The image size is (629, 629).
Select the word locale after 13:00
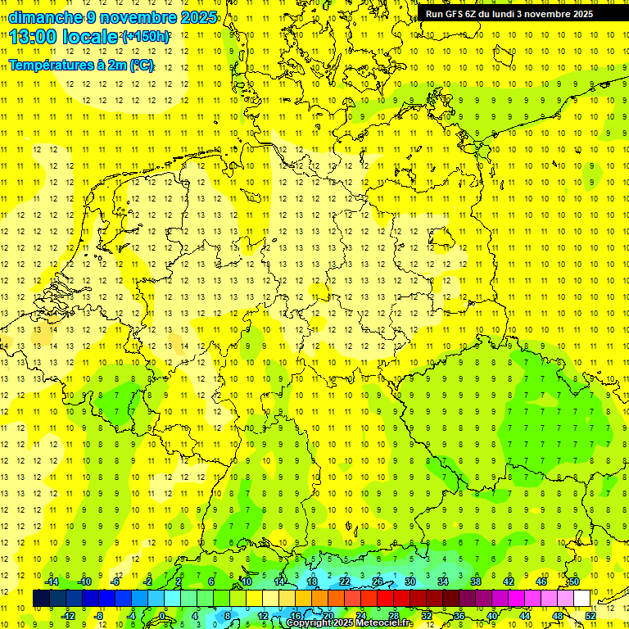95,37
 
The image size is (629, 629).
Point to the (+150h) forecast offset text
145,37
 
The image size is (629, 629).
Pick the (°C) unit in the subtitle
141,66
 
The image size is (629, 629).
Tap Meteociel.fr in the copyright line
385,623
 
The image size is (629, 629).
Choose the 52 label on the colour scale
591,616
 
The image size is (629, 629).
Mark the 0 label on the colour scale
162,616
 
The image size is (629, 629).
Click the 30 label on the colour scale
410,581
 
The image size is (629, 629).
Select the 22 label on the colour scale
345,581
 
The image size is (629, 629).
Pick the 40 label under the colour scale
492,616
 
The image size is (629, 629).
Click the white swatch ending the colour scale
582,599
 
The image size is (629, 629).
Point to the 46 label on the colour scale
541,581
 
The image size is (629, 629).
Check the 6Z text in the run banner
484,14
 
